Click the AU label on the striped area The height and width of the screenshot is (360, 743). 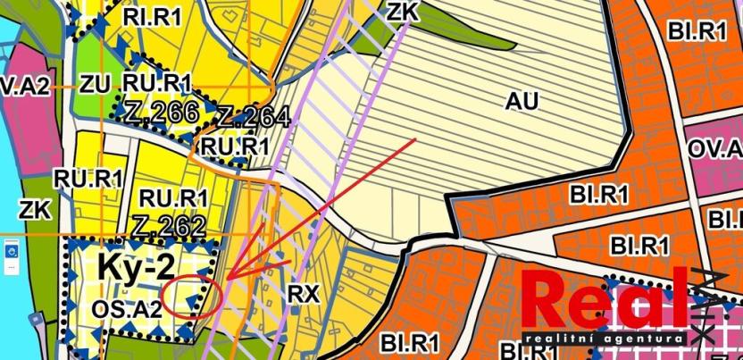click(x=522, y=100)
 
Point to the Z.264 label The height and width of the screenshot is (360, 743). click(x=254, y=118)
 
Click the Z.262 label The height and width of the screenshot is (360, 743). click(x=169, y=227)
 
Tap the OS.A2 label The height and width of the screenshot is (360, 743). click(x=125, y=308)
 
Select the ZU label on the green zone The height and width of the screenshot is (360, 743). click(x=95, y=85)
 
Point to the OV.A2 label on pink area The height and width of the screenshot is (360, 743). click(x=21, y=86)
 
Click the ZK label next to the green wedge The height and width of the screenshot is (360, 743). click(x=404, y=11)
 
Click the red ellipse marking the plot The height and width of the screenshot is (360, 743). click(x=191, y=297)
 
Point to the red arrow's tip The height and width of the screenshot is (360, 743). click(x=226, y=278)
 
